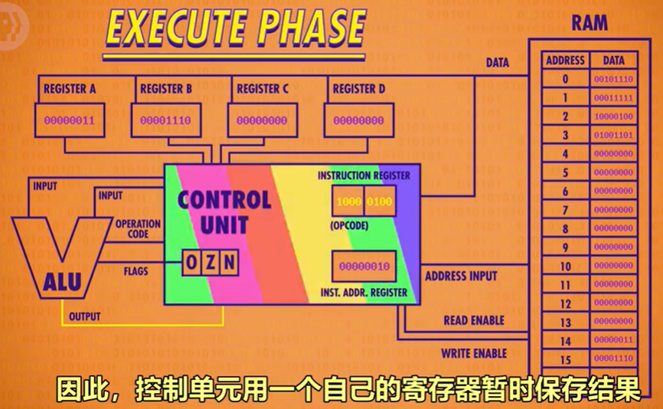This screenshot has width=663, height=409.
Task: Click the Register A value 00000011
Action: pos(70,120)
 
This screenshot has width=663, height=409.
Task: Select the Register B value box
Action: pos(165,120)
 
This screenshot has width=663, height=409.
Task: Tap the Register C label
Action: pos(262,89)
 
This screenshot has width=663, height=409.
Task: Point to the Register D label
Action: pos(358,89)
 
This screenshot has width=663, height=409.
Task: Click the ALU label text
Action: pos(62,282)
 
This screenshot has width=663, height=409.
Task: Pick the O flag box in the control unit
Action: pos(191,263)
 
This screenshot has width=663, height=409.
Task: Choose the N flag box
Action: pos(229,263)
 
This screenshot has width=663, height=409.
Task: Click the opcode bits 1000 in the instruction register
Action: pos(349,201)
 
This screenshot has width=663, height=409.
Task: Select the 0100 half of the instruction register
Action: pos(379,201)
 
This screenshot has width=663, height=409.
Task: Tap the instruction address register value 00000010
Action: pos(364,267)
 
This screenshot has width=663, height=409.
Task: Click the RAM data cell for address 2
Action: pos(613,116)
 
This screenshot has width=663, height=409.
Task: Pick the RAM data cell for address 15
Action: pos(613,358)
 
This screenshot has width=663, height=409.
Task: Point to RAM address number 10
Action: pos(565,267)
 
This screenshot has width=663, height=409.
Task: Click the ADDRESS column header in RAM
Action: pos(565,61)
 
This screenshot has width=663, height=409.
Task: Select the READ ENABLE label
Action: pos(474,321)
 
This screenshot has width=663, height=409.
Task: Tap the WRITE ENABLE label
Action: pos(474,353)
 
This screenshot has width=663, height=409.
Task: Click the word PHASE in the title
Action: pos(311,28)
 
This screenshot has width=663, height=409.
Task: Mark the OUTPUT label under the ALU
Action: pos(84,316)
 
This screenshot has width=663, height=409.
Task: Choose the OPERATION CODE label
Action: pos(138,229)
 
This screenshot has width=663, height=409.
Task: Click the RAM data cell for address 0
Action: pos(613,79)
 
